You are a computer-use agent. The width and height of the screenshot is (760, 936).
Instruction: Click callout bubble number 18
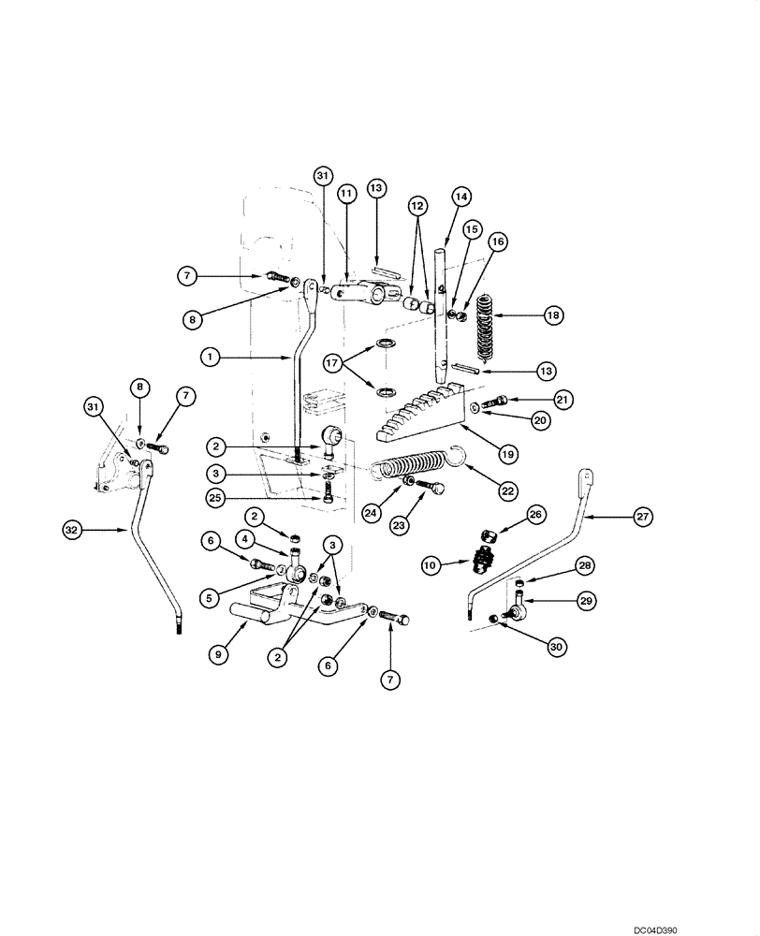click(553, 316)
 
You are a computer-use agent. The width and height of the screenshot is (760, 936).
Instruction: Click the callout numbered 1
click(211, 357)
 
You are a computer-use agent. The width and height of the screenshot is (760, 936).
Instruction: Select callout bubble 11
click(346, 193)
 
